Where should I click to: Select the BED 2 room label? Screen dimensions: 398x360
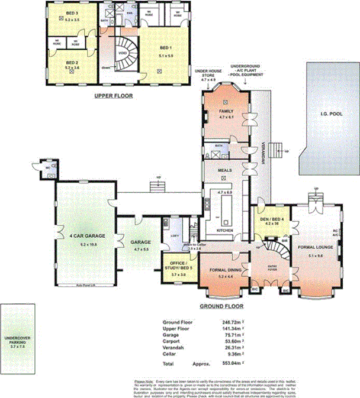(72, 63)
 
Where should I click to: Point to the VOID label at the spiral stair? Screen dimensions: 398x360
(123, 52)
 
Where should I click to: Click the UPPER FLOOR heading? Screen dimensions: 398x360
(114, 95)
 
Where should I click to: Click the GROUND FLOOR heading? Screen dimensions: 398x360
(222, 307)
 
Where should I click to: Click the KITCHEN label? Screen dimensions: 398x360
(224, 230)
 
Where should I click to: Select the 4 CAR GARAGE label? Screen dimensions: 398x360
(87, 235)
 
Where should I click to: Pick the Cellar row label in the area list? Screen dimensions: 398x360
(171, 353)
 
